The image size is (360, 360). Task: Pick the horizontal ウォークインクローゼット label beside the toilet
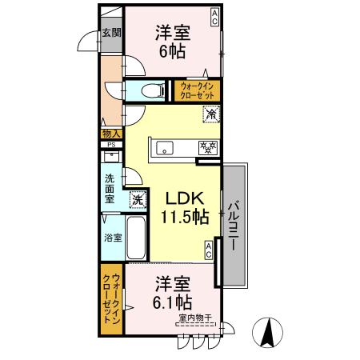tap(196, 90)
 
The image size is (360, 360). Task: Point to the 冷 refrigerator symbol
tap(211, 116)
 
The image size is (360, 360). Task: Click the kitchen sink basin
tap(165, 147)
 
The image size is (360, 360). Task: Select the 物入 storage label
tap(111, 134)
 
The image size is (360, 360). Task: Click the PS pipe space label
tap(111, 145)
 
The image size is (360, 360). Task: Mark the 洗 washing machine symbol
tap(138, 198)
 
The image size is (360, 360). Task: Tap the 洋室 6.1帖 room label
tap(172, 293)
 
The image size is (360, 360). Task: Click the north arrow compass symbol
tap(268, 333)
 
